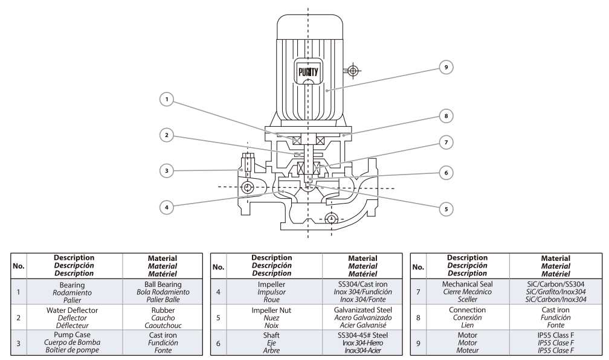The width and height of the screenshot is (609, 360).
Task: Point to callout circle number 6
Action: coord(445,172)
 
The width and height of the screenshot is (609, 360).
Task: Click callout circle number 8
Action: coord(445,114)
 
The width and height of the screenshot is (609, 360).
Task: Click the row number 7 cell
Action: coord(418,292)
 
